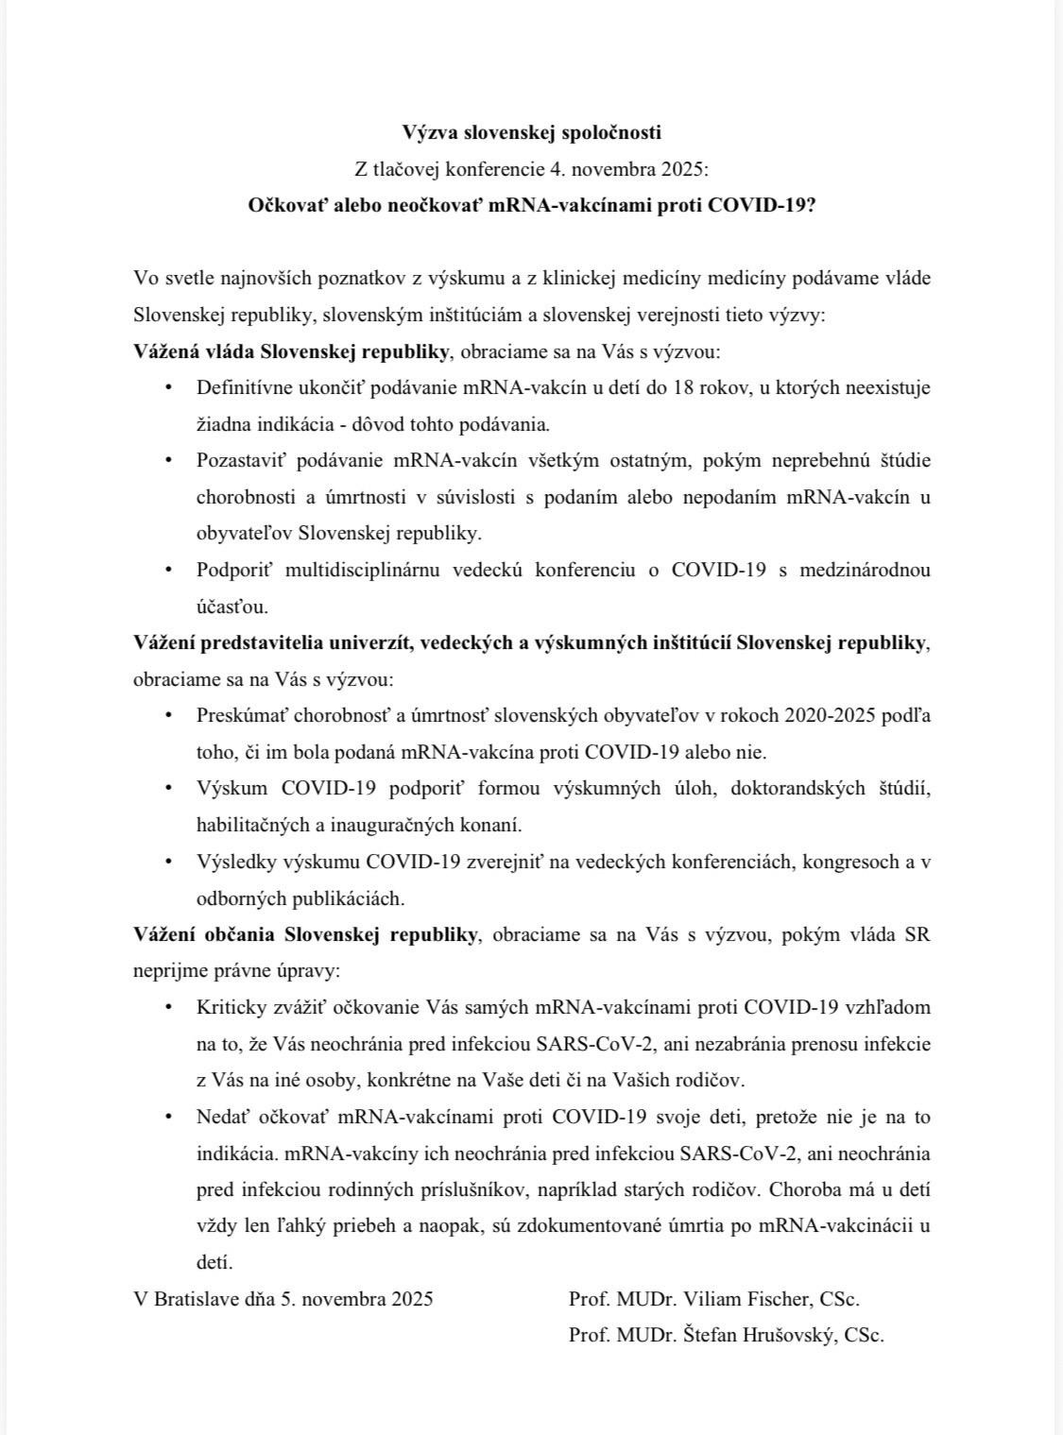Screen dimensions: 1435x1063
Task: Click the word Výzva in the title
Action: tap(429, 132)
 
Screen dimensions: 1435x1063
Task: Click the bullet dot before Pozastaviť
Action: tap(169, 461)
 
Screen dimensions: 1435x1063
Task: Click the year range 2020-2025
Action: tap(815, 715)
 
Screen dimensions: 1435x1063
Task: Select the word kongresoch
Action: tap(833, 862)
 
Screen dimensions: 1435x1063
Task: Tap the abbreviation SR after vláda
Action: tap(917, 934)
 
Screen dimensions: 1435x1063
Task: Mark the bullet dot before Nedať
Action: tap(169, 1117)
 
